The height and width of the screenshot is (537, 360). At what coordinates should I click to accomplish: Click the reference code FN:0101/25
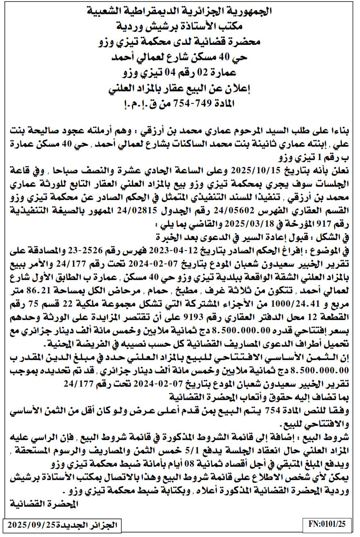coord(327,524)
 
